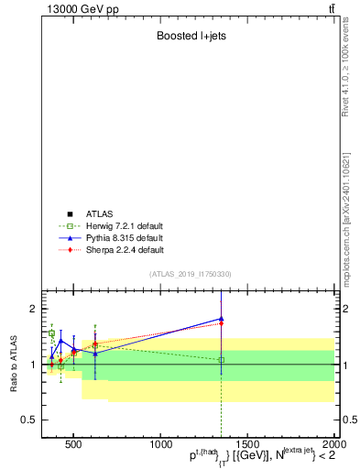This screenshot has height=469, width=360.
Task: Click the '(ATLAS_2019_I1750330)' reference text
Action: tap(191, 274)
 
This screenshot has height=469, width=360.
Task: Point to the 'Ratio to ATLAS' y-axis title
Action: tap(15, 364)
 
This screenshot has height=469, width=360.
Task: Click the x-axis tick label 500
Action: tap(73, 442)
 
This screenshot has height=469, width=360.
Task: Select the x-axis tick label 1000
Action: tap(160, 442)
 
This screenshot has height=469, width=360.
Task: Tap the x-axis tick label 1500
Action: tap(247, 442)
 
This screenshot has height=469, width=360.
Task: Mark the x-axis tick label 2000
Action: tap(333, 442)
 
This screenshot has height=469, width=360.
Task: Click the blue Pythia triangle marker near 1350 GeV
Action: tap(221, 319)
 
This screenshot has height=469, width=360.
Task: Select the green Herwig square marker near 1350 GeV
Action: tap(221, 360)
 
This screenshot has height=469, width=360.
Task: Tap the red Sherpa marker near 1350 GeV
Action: tap(221, 323)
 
